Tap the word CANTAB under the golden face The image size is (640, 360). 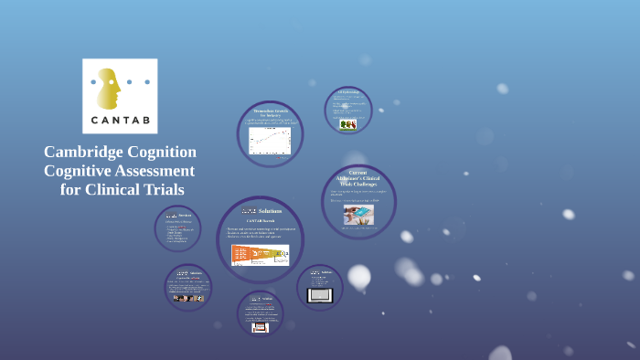tap(120, 120)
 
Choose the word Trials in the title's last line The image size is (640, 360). tap(165, 190)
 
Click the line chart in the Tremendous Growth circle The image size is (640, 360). tap(270, 140)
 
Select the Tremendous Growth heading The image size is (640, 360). tap(270, 113)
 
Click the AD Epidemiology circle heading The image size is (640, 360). tap(348, 92)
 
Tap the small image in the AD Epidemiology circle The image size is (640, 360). tap(347, 124)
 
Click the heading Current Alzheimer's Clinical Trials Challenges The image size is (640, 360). tap(358, 178)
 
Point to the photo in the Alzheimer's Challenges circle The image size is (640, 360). tap(358, 214)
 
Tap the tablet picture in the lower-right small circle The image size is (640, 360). tap(320, 295)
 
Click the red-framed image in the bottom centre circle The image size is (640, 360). tap(260, 326)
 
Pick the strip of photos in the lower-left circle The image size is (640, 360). tap(187, 298)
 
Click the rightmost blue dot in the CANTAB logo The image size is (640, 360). tap(147, 82)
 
